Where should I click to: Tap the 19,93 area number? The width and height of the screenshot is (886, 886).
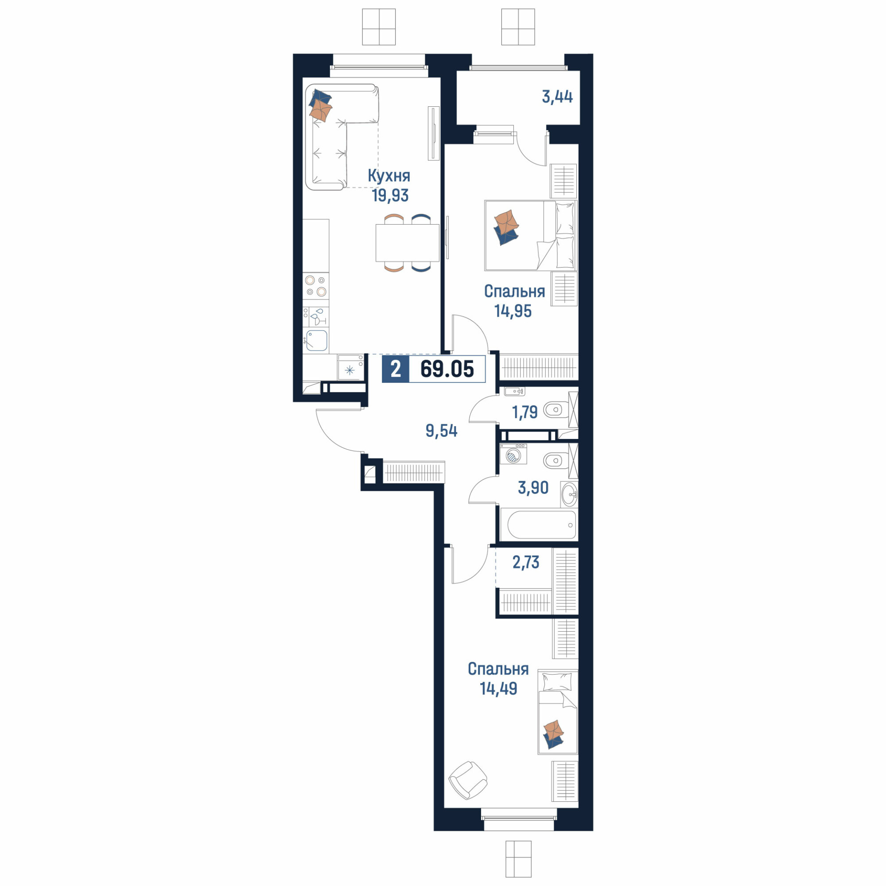[390, 196]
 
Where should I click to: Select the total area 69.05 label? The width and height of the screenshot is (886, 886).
[447, 369]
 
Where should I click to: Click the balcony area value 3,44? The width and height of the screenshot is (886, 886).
[557, 97]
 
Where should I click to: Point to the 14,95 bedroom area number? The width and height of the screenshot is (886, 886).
[513, 311]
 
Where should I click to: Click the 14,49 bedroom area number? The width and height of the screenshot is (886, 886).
[498, 689]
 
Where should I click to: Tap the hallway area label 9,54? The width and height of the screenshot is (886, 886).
[442, 431]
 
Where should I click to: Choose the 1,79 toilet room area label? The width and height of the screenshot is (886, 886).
[525, 412]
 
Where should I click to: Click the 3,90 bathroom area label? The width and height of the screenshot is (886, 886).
[533, 487]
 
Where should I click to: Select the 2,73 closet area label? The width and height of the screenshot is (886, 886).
[525, 562]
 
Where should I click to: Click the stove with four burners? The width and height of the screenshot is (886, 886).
[316, 285]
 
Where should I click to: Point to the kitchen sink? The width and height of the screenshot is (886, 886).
[316, 340]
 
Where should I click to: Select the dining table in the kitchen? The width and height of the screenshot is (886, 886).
[407, 243]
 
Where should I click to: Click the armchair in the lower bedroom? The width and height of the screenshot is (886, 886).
[468, 780]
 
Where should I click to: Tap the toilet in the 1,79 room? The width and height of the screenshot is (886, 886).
[556, 409]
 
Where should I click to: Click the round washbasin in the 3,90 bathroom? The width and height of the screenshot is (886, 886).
[569, 494]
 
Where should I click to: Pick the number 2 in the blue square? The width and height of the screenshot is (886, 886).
[395, 369]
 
